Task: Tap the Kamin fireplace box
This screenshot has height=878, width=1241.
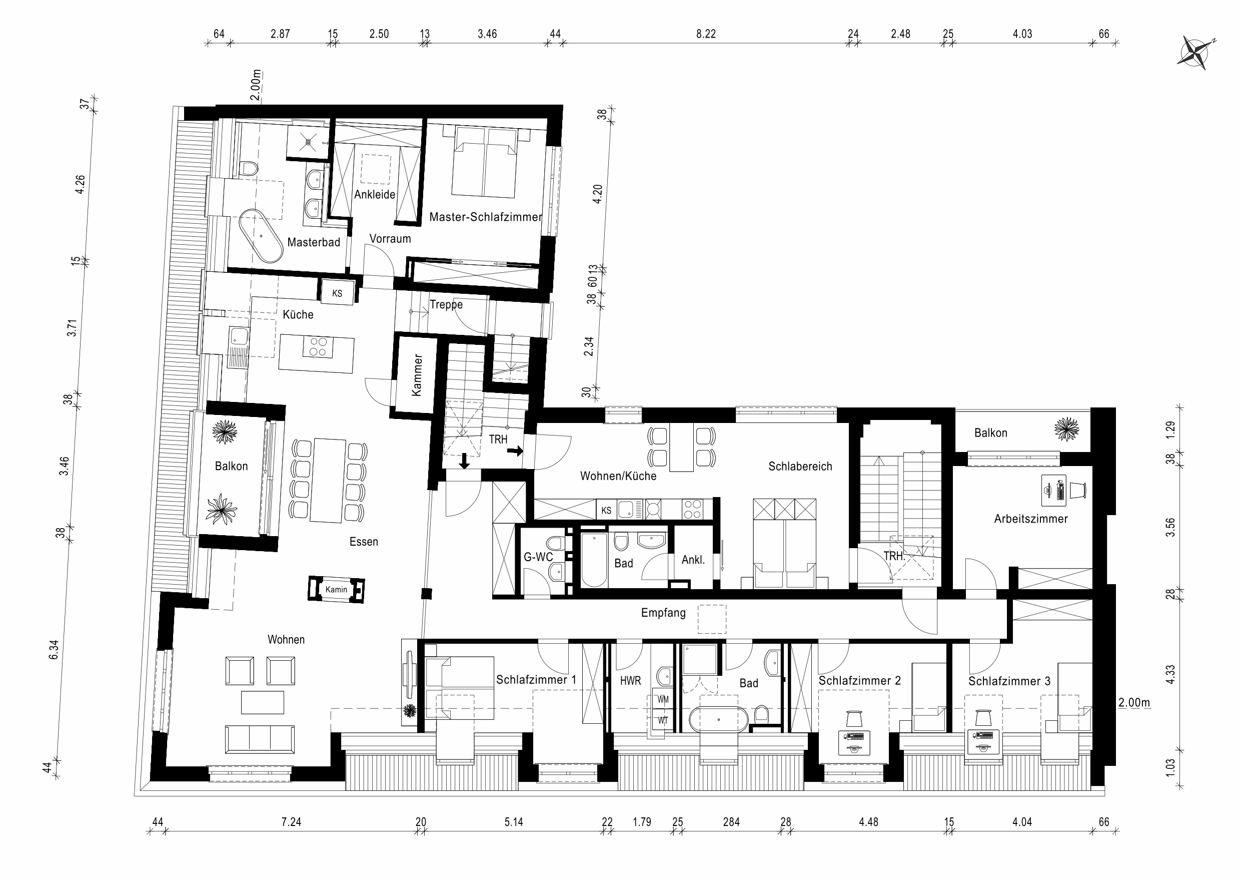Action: (x=336, y=589)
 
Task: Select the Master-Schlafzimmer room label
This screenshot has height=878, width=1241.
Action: (x=485, y=217)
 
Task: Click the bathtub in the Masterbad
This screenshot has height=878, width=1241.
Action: (x=261, y=236)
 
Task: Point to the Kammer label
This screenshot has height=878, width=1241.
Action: (x=417, y=375)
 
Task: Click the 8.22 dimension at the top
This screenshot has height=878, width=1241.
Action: (x=706, y=34)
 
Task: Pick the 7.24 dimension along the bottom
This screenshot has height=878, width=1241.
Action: (x=291, y=822)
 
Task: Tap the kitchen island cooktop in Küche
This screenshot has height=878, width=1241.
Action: (x=318, y=347)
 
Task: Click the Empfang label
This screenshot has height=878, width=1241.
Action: (x=663, y=613)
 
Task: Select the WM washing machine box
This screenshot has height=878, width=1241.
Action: (x=663, y=699)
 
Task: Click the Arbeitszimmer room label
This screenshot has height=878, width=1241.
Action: (x=1031, y=519)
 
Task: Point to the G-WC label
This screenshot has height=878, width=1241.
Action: (x=538, y=557)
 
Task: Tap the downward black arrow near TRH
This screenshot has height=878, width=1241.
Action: (x=464, y=462)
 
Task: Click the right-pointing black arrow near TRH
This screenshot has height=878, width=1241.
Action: (x=516, y=450)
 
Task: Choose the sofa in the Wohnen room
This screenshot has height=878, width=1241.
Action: (x=260, y=739)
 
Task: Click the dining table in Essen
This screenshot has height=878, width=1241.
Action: (x=328, y=481)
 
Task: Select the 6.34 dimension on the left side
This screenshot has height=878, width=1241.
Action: (x=54, y=650)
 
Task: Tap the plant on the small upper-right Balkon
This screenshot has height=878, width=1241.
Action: (x=1066, y=429)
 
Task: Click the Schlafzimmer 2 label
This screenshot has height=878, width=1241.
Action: (x=859, y=681)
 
